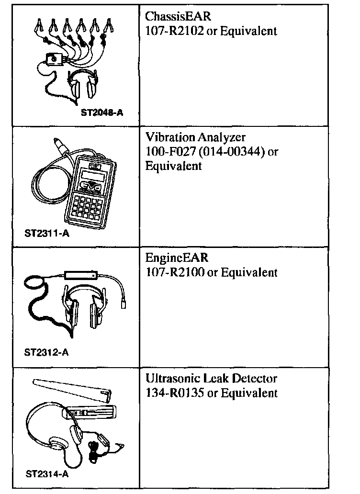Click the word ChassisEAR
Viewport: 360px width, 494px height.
click(178, 17)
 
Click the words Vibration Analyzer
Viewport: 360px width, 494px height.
click(195, 138)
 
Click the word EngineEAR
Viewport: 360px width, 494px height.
click(177, 258)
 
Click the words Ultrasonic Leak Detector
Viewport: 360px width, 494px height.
click(211, 379)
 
